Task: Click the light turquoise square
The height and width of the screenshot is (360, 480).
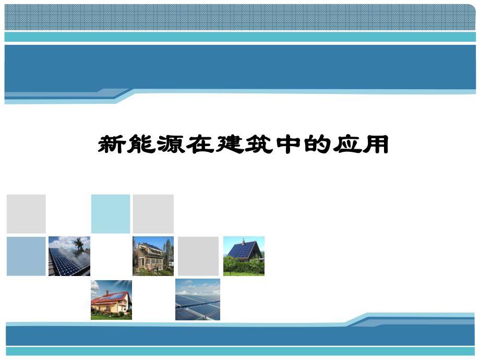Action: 111,214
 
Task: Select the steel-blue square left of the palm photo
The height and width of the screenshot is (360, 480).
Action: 26,256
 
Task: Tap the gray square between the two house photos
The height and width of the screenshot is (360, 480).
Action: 198,256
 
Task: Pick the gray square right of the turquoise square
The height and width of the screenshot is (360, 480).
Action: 153,214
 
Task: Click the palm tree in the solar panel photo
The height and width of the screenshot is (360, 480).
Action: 79,243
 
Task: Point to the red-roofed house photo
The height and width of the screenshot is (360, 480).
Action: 111,299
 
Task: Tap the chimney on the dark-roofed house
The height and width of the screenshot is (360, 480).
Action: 243,242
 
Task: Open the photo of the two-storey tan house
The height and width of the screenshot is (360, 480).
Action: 153,256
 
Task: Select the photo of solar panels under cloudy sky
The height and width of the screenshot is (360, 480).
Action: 198,299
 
